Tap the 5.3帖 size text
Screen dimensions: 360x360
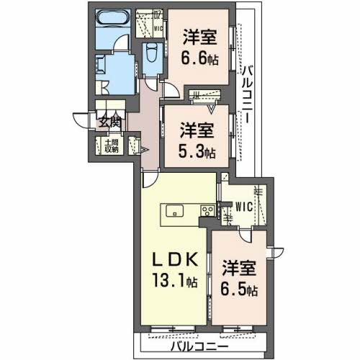click(x=197, y=151)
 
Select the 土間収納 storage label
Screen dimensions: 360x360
click(x=110, y=146)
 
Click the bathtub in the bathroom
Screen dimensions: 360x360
click(x=112, y=22)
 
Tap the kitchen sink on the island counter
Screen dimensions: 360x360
click(x=176, y=211)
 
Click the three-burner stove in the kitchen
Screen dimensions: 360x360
click(x=207, y=212)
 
